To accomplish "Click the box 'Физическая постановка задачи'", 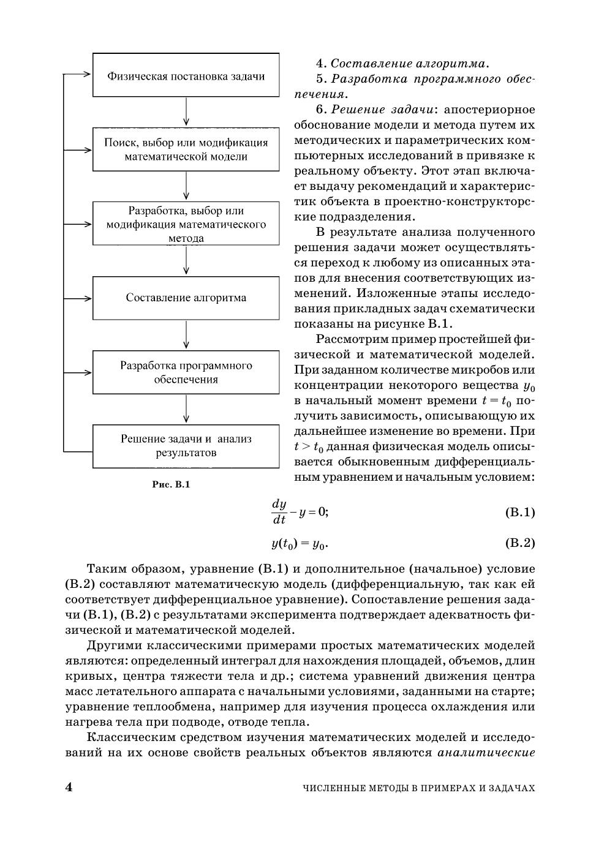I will (186, 75).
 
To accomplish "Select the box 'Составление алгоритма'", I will (186, 298).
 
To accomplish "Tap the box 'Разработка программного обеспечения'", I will (186, 372).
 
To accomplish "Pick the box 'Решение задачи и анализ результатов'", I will (186, 446).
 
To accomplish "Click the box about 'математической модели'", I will (186, 149).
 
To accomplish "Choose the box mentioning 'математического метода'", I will (186, 224).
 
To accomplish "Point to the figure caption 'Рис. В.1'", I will (172, 485).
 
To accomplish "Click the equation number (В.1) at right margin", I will (519, 512).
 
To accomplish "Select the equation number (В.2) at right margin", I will (519, 543).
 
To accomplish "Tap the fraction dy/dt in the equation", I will (279, 512).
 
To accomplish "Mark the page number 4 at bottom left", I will (69, 788).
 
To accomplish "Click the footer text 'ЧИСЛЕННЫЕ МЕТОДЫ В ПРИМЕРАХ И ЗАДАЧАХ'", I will (419, 788).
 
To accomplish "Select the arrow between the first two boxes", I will (186, 111).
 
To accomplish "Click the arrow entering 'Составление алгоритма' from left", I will (78, 298).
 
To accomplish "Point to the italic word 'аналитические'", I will (486, 753).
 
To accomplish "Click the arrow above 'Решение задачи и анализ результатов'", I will (186, 409).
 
